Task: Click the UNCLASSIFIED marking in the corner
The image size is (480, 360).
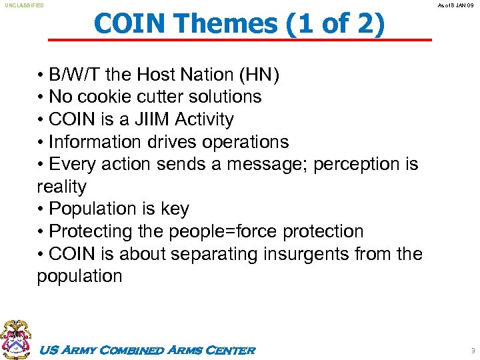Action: coord(24,5)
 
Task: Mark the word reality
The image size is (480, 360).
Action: coord(61,187)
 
